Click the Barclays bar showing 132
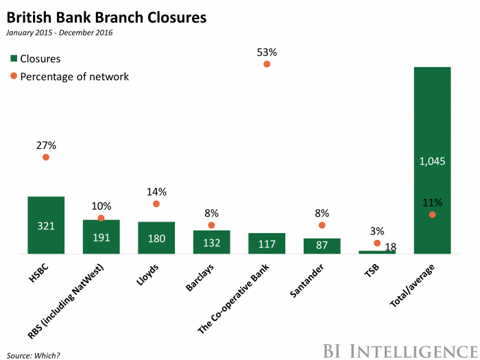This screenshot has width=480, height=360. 211,242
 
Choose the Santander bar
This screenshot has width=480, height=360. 322,246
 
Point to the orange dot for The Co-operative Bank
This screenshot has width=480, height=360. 267,64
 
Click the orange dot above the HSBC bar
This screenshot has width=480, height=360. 46,157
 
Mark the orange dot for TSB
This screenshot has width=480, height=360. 377,243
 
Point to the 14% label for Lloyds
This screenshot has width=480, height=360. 156,193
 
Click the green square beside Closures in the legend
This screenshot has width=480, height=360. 13,59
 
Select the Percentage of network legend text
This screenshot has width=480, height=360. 75,76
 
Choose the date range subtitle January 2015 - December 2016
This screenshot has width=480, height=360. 60,33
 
